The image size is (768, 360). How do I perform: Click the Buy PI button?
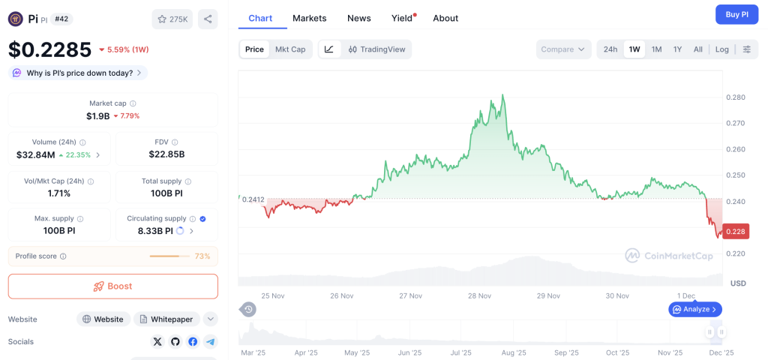732,14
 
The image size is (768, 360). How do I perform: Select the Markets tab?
310,18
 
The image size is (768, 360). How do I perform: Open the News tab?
359,18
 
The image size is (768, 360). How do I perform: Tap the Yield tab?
403,18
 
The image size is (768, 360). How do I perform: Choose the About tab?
445,18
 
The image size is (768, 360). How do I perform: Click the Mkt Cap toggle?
290,49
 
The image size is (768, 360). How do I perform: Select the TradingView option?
376,49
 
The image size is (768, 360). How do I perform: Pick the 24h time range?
610,49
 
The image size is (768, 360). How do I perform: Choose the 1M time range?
656,49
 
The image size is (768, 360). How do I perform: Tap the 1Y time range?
677,49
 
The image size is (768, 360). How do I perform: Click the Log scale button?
721,49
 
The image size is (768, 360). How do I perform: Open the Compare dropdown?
562,49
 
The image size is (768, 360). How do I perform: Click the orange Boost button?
112,286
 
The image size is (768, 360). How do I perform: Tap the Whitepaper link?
167,319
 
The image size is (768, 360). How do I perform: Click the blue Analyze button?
695,309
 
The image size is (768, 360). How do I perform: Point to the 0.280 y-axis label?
736,97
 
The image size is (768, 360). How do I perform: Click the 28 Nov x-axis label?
479,295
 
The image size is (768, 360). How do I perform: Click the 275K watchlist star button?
172,19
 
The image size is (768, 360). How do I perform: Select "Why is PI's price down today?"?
78,73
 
